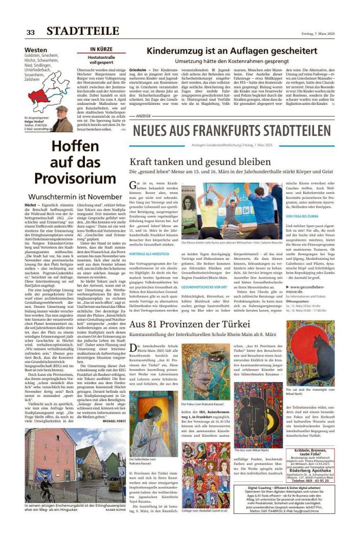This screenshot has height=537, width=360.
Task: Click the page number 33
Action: coord(31,32)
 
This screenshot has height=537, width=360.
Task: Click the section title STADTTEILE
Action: coord(82,32)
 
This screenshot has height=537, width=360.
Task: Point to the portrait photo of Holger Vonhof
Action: coord(62,119)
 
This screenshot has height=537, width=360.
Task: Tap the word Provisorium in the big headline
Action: coord(75,178)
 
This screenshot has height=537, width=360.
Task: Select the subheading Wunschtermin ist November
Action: coord(75,196)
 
